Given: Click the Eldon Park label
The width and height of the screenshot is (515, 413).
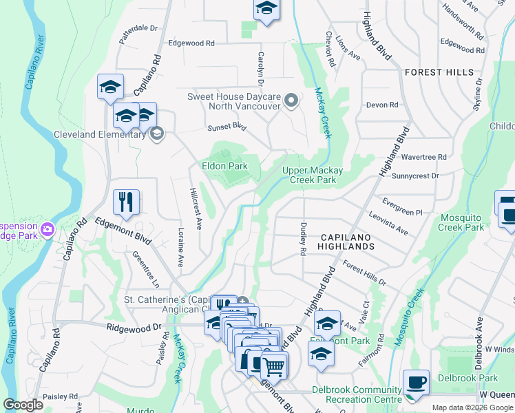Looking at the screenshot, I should point(224,166).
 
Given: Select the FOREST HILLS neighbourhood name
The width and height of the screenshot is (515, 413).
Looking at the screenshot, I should point(439,72).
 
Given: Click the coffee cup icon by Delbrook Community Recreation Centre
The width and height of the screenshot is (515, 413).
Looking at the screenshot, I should point(415,381).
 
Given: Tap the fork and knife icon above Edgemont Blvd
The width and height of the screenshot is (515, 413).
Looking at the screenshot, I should point(126,202).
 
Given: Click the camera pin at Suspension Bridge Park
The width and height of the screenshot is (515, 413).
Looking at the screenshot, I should point(48,229).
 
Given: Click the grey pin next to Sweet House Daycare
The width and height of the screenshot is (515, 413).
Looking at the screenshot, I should point(291,102).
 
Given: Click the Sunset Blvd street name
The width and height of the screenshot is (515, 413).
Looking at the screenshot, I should point(227,127).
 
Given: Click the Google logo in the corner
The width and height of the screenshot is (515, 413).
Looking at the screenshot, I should point(23,405).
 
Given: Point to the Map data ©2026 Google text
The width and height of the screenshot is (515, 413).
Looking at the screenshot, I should point(473,407).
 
